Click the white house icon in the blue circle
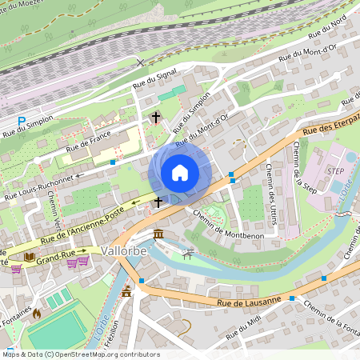tap(180, 173)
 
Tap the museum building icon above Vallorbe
tap(158, 234)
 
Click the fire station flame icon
tap(36, 314)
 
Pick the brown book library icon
tap(30, 257)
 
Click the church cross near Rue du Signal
tap(156, 118)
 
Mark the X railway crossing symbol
tap(142, 62)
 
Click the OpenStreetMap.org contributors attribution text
tap(104, 354)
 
